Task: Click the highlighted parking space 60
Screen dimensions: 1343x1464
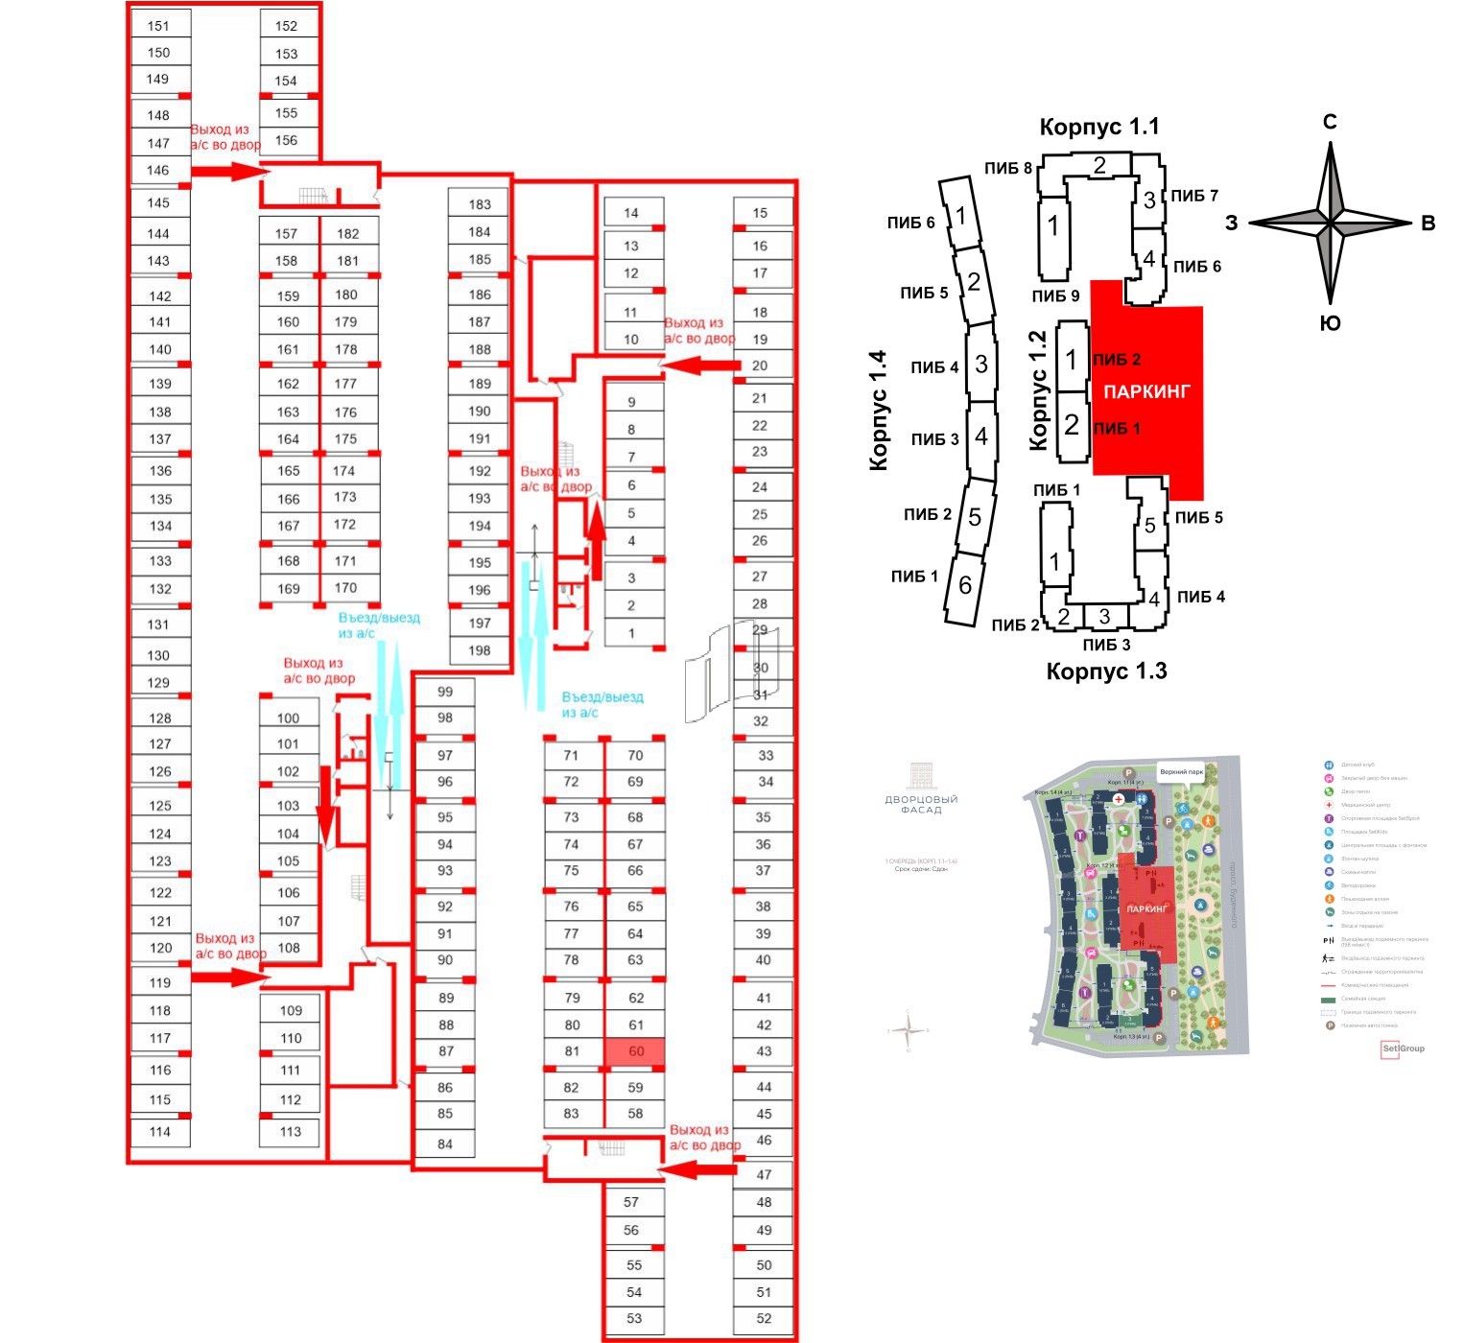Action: point(635,1051)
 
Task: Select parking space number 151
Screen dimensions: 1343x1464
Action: point(159,26)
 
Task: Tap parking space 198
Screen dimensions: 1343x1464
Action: point(480,650)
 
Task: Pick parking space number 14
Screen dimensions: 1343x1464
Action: point(631,213)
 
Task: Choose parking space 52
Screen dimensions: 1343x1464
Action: point(764,1318)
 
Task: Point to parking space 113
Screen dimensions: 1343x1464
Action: point(291,1131)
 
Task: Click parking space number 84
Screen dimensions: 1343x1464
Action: point(444,1143)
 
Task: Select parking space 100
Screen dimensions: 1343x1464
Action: point(289,718)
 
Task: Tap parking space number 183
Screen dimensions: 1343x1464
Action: point(480,204)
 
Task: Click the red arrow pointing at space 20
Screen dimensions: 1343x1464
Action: point(700,365)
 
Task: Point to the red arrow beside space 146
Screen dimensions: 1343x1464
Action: point(228,172)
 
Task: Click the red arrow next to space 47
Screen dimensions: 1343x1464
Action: point(697,1169)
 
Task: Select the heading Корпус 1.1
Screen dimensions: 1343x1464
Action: point(1099,127)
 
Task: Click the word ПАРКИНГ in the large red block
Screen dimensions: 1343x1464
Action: point(1146,391)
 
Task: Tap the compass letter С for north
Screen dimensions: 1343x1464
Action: point(1330,122)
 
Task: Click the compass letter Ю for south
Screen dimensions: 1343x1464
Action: point(1330,323)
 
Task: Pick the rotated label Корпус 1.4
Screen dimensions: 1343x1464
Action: point(879,411)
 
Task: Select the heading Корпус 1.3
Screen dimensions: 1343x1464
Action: point(1106,671)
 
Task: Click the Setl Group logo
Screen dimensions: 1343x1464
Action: point(1403,1048)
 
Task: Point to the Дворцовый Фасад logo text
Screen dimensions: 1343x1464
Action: point(921,804)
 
